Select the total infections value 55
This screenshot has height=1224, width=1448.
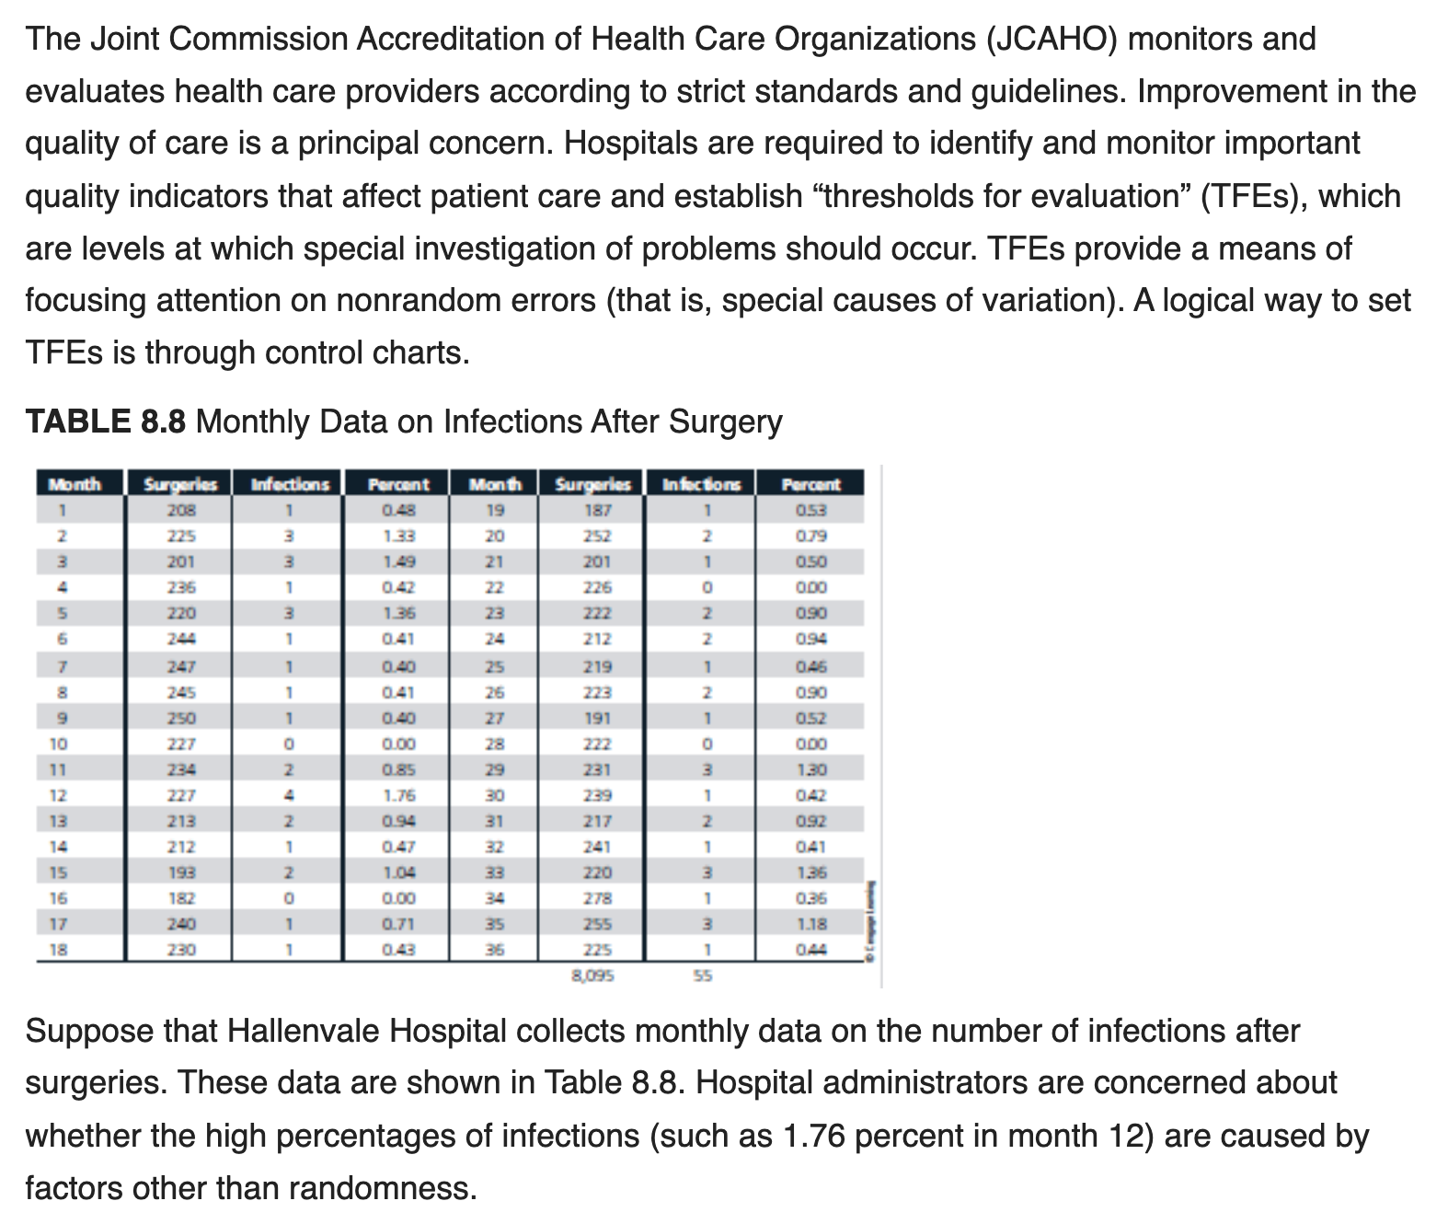(702, 976)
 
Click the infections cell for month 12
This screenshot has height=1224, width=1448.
(288, 795)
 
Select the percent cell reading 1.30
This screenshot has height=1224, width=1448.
(810, 769)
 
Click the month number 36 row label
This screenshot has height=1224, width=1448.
(495, 950)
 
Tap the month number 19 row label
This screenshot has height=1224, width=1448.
(495, 510)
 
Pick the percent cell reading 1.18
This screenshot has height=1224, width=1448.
(810, 924)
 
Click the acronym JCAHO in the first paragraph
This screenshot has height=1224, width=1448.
(1052, 40)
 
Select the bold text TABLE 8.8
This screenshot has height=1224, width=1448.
(106, 421)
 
